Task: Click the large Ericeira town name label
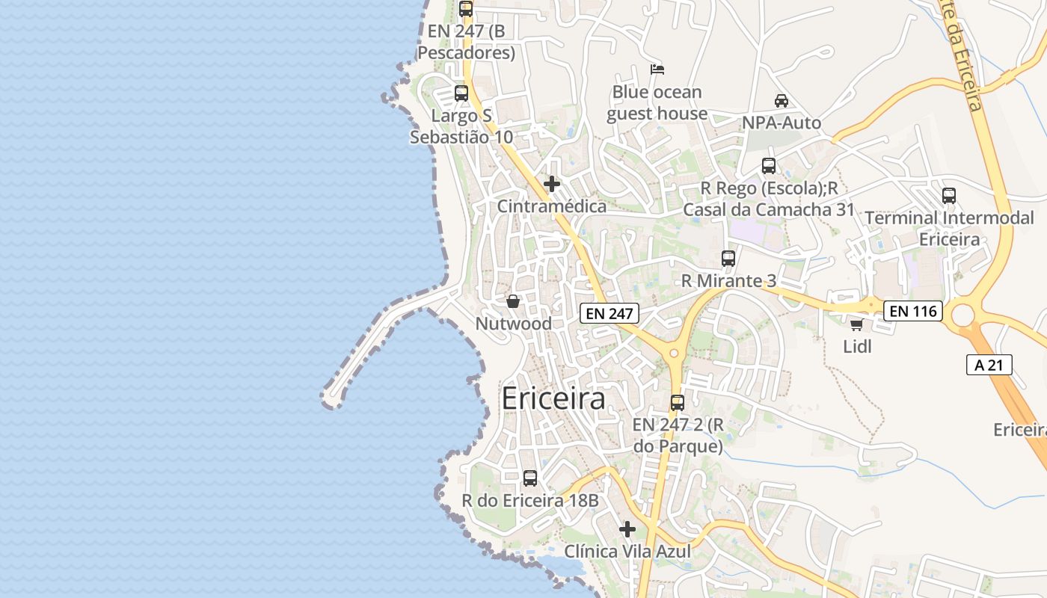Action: pos(553,398)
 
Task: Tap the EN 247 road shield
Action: pos(610,313)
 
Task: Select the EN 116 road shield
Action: pos(913,310)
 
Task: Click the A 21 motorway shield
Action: pos(989,365)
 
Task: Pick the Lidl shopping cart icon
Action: pos(857,324)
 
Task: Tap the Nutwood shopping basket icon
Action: pos(513,301)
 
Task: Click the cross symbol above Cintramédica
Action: pos(552,184)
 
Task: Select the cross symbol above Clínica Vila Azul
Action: pos(627,529)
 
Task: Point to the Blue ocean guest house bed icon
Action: pos(657,70)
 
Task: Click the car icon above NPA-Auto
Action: pos(782,101)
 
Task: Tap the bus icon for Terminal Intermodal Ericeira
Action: pos(949,196)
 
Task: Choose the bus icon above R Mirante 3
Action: pos(728,259)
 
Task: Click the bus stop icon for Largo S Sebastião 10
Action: pos(461,93)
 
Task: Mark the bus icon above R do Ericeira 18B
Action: pos(530,478)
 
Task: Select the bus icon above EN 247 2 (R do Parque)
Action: pos(678,402)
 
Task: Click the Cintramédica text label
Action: pos(552,206)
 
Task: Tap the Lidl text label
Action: pos(858,347)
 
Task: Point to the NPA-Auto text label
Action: pos(782,123)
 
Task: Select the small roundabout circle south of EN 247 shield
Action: pos(674,353)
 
